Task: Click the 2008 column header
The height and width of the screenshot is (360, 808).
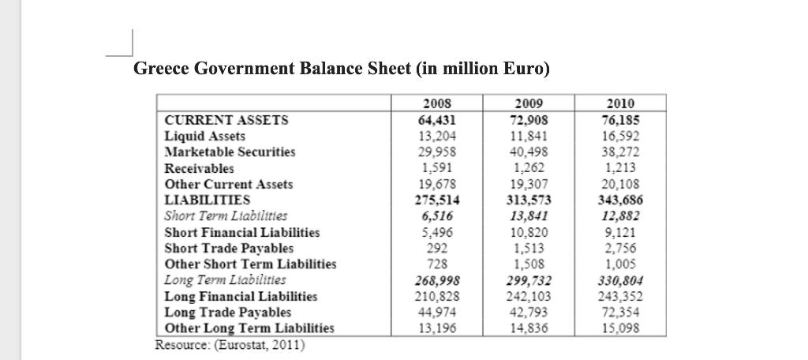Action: point(438,104)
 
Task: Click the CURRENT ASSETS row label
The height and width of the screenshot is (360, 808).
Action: point(226,121)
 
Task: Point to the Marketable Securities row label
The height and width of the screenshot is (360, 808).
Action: point(230,152)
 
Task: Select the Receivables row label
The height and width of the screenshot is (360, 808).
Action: point(199,168)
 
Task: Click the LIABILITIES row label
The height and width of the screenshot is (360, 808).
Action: point(207,200)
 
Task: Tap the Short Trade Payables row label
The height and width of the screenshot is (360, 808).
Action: point(229,248)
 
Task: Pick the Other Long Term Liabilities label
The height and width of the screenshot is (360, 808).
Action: point(249,328)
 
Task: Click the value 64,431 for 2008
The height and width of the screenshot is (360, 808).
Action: point(438,121)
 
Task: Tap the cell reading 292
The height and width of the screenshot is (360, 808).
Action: point(438,248)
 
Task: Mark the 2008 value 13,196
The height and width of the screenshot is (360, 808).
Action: point(438,328)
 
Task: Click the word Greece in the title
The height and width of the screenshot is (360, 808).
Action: point(159,69)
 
